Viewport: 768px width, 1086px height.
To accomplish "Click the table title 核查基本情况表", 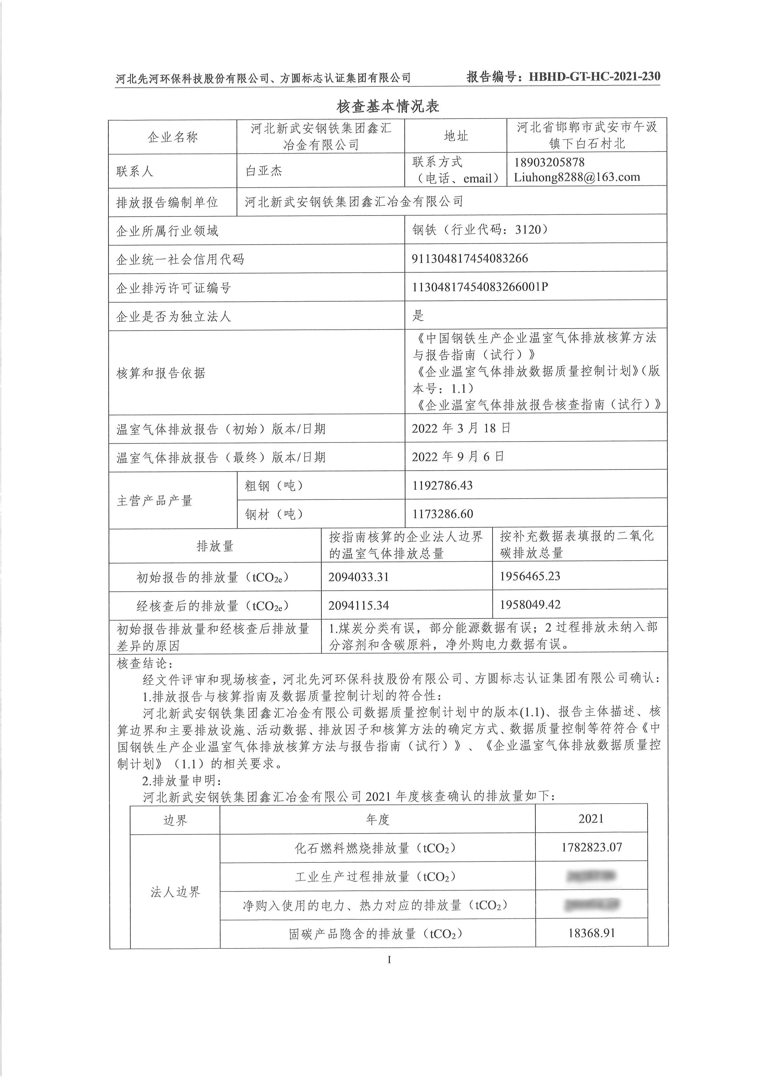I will (x=388, y=106).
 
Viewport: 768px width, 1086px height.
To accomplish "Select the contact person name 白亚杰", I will (x=264, y=171).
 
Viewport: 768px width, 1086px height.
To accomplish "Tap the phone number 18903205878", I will (x=549, y=162).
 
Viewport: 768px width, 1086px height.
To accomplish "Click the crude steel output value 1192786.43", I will (x=442, y=485).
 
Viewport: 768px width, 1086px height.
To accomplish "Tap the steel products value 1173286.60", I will (x=442, y=514).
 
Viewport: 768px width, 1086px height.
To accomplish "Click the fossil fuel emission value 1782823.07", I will (x=591, y=847).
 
